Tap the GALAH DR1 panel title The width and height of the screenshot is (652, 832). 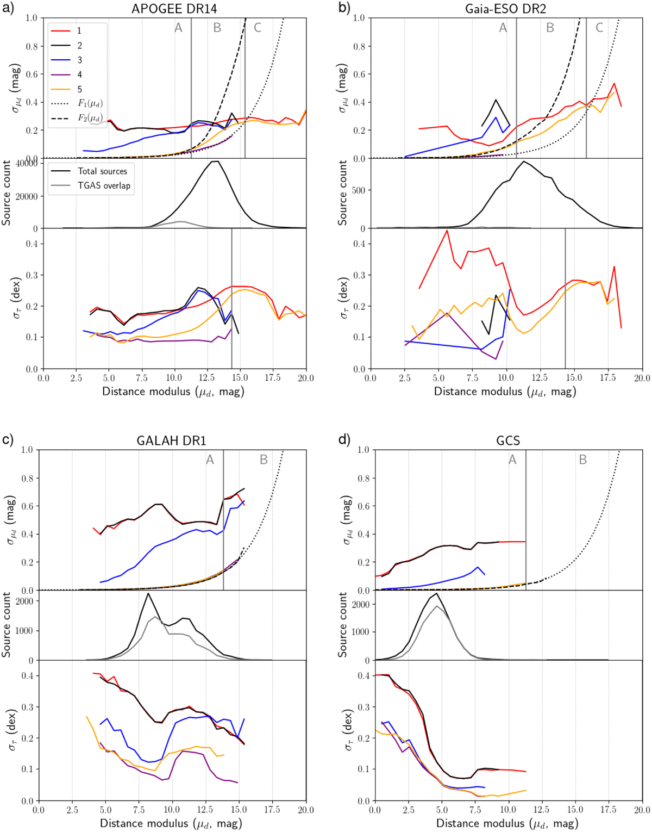click(x=172, y=440)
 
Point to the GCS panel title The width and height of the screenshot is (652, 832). click(x=509, y=440)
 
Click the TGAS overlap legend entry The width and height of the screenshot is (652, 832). click(x=103, y=185)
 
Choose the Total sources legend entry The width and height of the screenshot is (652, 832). click(x=102, y=171)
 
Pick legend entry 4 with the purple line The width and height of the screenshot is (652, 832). click(x=79, y=74)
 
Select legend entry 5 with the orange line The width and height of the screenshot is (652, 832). click(x=79, y=89)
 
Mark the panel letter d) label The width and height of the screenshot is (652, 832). click(x=344, y=439)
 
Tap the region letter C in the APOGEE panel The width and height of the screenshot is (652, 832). click(x=258, y=28)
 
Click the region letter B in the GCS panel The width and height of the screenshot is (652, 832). click(x=583, y=460)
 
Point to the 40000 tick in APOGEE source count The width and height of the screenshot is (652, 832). click(x=27, y=164)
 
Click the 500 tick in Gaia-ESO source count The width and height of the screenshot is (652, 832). click(x=360, y=190)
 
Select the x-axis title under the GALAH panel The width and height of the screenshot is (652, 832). click(x=172, y=824)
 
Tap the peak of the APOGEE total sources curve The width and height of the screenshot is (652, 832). click(x=217, y=161)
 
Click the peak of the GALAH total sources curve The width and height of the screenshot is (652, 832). click(x=148, y=593)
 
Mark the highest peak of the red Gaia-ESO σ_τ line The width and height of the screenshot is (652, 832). click(x=447, y=230)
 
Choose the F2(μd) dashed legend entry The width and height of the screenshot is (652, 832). click(x=90, y=118)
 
